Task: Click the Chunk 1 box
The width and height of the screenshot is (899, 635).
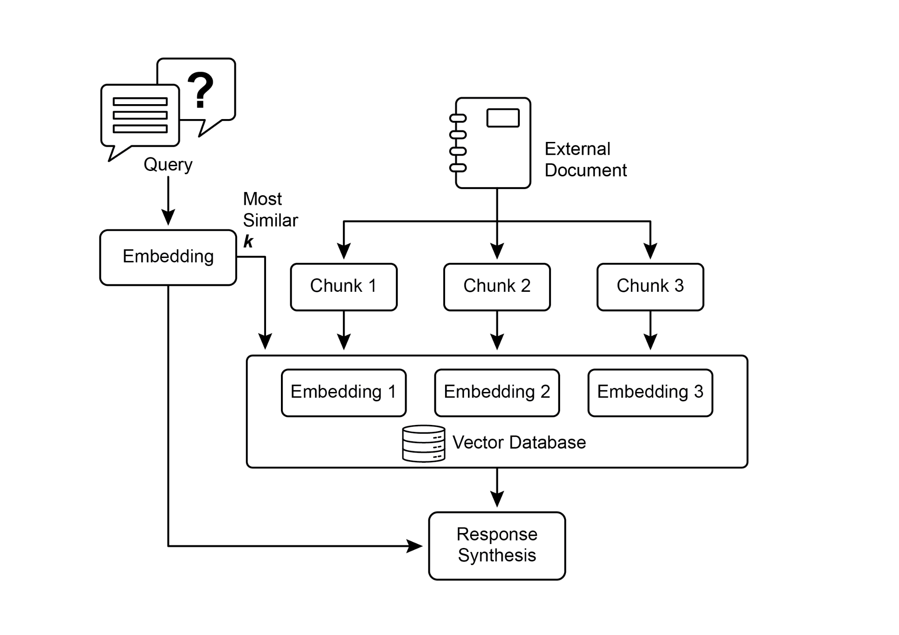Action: tap(344, 287)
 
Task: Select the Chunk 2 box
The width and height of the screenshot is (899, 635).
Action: tap(497, 287)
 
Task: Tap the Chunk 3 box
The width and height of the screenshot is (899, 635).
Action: tap(650, 287)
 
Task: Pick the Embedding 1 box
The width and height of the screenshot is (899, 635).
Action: tap(344, 392)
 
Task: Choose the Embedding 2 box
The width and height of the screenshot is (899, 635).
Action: tap(497, 392)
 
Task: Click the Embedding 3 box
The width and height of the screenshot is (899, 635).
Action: tap(650, 392)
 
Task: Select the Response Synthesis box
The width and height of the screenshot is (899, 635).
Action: tap(497, 545)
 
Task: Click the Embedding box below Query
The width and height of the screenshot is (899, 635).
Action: tap(168, 257)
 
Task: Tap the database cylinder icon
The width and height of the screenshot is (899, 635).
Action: tap(424, 443)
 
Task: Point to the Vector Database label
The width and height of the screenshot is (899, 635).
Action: tap(519, 443)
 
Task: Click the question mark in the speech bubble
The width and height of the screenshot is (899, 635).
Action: tap(201, 90)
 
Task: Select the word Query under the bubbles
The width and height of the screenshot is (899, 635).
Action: tap(168, 164)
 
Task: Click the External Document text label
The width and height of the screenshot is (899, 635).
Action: tap(585, 160)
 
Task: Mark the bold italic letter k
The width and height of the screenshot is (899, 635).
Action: tap(248, 241)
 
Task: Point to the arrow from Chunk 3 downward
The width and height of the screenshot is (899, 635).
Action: tap(650, 330)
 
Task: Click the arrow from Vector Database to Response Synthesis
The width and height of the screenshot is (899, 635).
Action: tap(497, 488)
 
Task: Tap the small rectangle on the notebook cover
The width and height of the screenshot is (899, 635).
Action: tap(503, 118)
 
